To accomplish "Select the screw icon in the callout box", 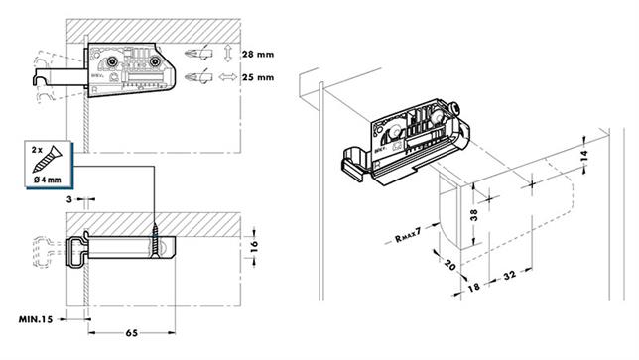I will (x=54, y=157).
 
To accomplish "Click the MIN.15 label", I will (x=36, y=320).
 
